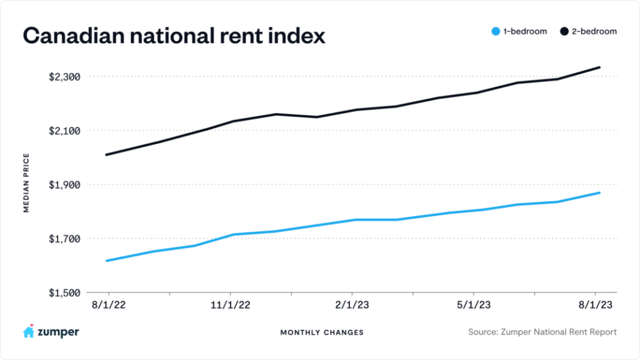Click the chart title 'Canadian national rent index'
174,36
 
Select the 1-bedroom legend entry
518,31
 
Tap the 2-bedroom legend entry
589,31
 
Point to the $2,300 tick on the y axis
64,77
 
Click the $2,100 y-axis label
64,131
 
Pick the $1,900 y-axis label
64,185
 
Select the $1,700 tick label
64,239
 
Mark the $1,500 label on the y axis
64,292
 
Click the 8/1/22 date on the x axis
109,305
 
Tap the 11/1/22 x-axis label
231,305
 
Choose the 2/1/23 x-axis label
352,305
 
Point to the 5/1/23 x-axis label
473,305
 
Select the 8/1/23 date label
595,305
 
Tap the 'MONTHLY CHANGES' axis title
322,332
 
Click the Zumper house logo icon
29,332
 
